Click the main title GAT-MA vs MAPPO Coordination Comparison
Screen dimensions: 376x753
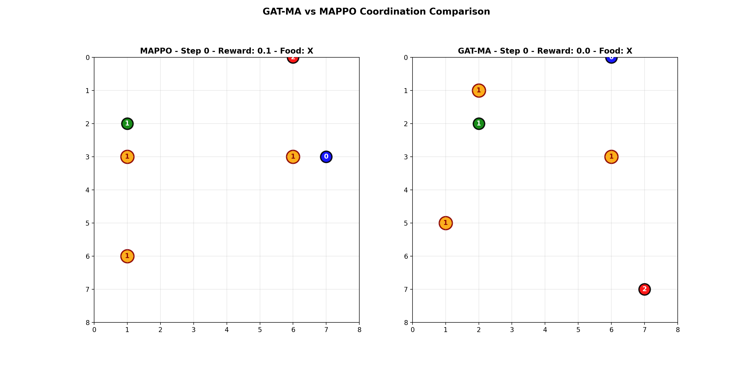(x=376, y=12)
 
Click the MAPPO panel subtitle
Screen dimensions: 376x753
(x=227, y=51)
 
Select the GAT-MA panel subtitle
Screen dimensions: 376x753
(x=545, y=51)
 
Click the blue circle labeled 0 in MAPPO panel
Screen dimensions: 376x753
(x=326, y=157)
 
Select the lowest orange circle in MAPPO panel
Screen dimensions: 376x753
(x=127, y=256)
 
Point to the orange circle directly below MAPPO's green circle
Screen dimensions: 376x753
(x=127, y=157)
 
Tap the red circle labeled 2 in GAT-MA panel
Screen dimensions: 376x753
(x=644, y=289)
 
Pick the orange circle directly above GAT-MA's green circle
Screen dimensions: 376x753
(x=479, y=90)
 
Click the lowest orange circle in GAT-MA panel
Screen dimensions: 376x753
(x=445, y=223)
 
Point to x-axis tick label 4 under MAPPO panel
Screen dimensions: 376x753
(x=227, y=330)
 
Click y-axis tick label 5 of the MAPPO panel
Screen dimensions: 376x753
(x=87, y=223)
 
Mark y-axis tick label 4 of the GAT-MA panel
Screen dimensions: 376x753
(x=406, y=190)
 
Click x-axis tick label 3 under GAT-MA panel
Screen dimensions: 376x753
(x=512, y=330)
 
